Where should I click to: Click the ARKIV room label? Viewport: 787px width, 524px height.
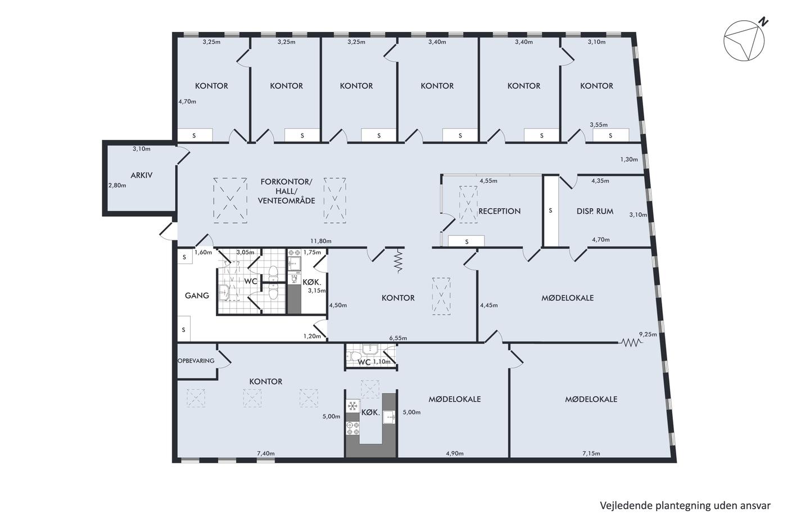pyautogui.click(x=141, y=175)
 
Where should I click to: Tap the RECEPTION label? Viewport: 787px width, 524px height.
pyautogui.click(x=499, y=211)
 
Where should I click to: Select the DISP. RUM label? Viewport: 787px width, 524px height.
pyautogui.click(x=595, y=211)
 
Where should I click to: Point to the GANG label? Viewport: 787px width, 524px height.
pyautogui.click(x=197, y=295)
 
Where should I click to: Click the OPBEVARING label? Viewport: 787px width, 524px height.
pyautogui.click(x=196, y=361)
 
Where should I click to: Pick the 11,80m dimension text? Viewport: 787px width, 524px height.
pyautogui.click(x=321, y=241)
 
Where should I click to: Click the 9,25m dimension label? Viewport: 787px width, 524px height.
pyautogui.click(x=648, y=335)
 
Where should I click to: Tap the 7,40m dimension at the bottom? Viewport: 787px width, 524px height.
pyautogui.click(x=265, y=453)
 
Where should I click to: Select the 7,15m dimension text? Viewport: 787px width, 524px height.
pyautogui.click(x=591, y=453)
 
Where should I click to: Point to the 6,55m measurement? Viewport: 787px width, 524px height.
pyautogui.click(x=398, y=338)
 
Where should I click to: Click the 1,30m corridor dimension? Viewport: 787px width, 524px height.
pyautogui.click(x=629, y=160)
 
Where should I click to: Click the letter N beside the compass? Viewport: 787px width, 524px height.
pyautogui.click(x=763, y=22)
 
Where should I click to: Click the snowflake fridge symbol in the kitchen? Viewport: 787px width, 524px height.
pyautogui.click(x=352, y=406)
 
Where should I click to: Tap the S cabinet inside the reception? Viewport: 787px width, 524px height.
pyautogui.click(x=467, y=242)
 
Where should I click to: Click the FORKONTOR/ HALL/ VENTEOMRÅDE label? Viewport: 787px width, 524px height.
pyautogui.click(x=286, y=192)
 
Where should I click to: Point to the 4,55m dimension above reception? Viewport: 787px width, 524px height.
pyautogui.click(x=489, y=181)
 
